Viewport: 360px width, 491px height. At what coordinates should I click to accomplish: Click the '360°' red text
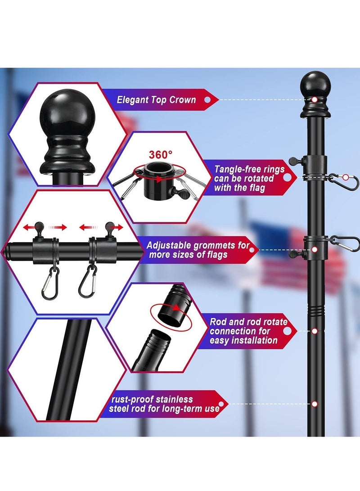pyautogui.click(x=160, y=154)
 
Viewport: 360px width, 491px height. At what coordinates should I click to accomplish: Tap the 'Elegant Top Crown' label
pyautogui.click(x=156, y=100)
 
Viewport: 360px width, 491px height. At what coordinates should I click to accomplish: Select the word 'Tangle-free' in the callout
pyautogui.click(x=237, y=169)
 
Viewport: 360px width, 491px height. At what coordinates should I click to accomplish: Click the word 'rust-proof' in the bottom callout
pyautogui.click(x=132, y=400)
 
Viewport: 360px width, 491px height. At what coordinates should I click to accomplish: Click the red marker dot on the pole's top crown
pyautogui.click(x=315, y=99)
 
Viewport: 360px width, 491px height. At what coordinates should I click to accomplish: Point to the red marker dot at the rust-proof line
pyautogui.click(x=315, y=404)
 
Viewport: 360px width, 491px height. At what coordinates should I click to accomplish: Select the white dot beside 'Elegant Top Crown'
pyautogui.click(x=207, y=100)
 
